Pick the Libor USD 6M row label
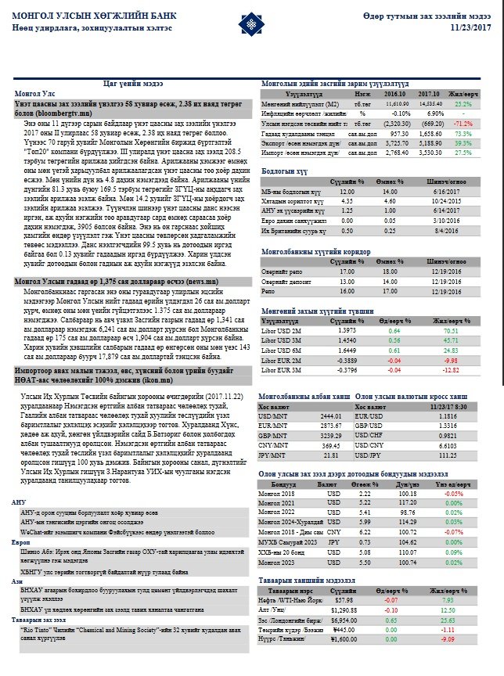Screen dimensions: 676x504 pyautogui.click(x=279, y=352)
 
